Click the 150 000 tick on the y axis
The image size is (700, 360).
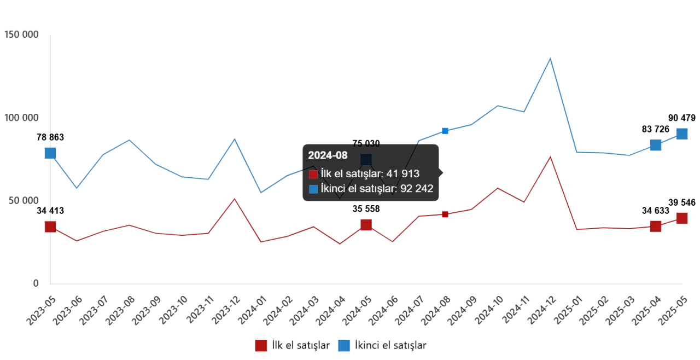click(x=21, y=35)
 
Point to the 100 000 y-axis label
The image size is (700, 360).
click(x=21, y=118)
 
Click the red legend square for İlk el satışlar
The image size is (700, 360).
click(x=261, y=345)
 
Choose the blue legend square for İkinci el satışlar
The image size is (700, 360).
click(x=344, y=345)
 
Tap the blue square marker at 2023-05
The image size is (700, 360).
click(x=50, y=153)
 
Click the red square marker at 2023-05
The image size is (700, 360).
click(x=50, y=227)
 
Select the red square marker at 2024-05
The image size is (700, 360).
click(x=366, y=225)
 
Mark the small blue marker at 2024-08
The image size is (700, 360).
click(x=445, y=131)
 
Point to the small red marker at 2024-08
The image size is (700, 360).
click(x=445, y=214)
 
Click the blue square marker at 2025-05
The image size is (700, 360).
click(x=681, y=134)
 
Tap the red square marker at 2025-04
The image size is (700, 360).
click(x=655, y=227)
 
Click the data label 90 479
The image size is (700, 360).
click(x=681, y=118)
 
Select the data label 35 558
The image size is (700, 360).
click(x=366, y=209)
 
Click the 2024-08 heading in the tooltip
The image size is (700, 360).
click(x=328, y=155)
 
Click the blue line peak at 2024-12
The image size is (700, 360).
click(x=550, y=58)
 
